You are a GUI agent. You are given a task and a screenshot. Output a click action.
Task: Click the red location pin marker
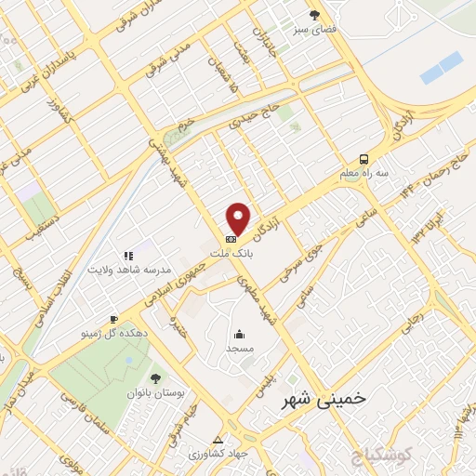coord(240,218)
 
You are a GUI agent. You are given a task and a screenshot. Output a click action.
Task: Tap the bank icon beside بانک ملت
coord(231,240)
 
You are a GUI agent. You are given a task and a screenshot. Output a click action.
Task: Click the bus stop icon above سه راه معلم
coord(364,158)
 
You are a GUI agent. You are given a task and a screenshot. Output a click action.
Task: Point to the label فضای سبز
coord(314,30)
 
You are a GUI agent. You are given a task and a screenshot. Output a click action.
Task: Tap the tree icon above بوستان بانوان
coord(154,377)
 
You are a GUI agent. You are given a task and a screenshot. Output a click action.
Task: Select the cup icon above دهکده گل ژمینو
coord(113,318)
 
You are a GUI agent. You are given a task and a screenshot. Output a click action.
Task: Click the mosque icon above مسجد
coord(240,335)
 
